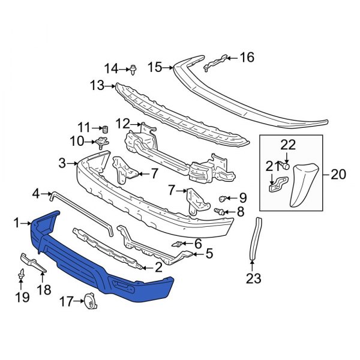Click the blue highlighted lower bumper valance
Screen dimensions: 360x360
[102, 264]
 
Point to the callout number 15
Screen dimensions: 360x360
[155, 67]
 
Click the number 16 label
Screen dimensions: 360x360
[247, 58]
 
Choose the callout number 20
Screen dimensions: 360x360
[338, 175]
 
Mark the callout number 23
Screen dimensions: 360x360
[254, 278]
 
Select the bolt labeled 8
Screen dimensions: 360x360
[219, 211]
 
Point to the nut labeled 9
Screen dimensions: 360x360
[223, 198]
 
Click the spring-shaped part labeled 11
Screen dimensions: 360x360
[103, 128]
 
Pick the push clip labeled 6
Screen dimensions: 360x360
[179, 244]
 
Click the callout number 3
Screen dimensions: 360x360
[62, 163]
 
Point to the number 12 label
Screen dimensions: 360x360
[122, 124]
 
